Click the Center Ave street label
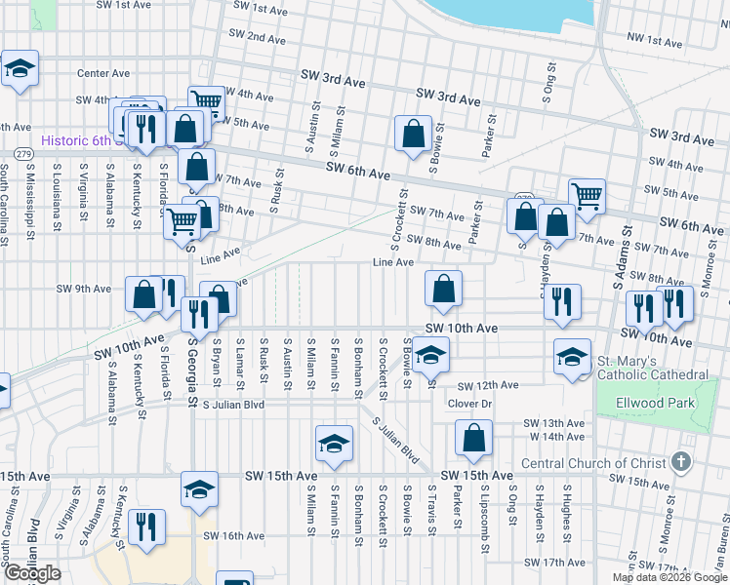pyautogui.click(x=103, y=73)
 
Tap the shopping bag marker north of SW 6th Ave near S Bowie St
pyautogui.click(x=414, y=134)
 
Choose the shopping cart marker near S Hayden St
pyautogui.click(x=587, y=196)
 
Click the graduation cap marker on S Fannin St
pyautogui.click(x=335, y=444)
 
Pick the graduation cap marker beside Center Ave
pyautogui.click(x=20, y=69)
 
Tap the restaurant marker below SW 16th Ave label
pyautogui.click(x=145, y=528)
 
